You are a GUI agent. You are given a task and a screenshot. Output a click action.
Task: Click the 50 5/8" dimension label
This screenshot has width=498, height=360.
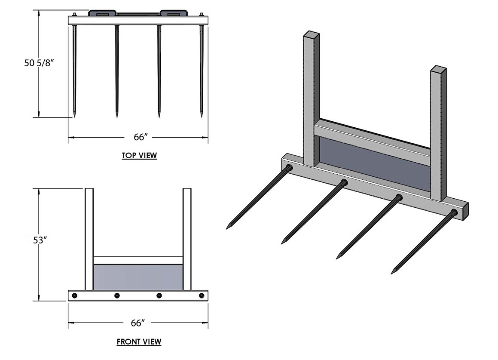click(39, 63)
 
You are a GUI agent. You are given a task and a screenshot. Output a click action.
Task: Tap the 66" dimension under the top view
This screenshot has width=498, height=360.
click(138, 137)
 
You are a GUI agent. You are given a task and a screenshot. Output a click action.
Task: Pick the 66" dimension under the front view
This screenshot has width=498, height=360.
click(138, 322)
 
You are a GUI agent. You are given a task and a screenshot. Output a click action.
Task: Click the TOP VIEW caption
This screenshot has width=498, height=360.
click(139, 156)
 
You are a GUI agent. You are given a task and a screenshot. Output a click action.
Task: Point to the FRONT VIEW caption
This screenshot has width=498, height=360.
click(139, 342)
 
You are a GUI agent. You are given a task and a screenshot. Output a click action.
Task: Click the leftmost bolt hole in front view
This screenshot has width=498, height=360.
click(75, 295)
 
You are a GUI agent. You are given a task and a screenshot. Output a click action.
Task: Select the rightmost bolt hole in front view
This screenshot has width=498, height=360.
click(201, 295)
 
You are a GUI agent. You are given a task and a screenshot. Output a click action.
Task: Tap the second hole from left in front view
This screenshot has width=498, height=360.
click(116, 295)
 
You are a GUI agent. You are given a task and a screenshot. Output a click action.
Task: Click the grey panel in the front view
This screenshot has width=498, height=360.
click(138, 277)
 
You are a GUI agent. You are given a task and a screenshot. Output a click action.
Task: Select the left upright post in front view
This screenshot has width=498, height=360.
click(89, 239)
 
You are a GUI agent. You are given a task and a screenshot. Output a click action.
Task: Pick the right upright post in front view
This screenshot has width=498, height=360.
click(187, 239)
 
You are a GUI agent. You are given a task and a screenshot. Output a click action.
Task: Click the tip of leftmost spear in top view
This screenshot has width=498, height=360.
click(75, 116)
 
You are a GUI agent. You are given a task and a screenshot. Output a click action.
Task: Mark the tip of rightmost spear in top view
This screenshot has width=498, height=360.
click(202, 116)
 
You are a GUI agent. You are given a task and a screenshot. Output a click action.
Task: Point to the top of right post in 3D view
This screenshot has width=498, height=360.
click(439, 68)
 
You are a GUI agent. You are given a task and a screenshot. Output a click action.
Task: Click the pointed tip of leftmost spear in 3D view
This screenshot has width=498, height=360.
click(228, 228)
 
